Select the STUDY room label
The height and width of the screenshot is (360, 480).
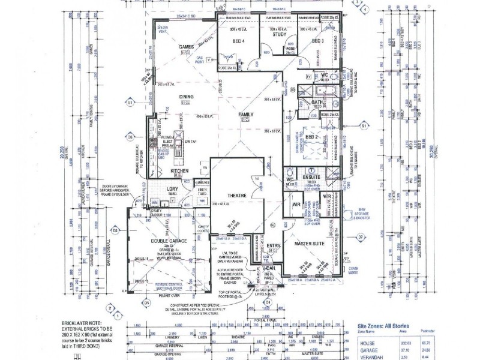[x=279, y=35]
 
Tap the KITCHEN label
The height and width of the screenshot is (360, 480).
[x=180, y=171]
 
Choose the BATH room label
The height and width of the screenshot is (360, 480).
[x=317, y=103]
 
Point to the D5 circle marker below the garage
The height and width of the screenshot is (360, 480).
[x=146, y=304]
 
